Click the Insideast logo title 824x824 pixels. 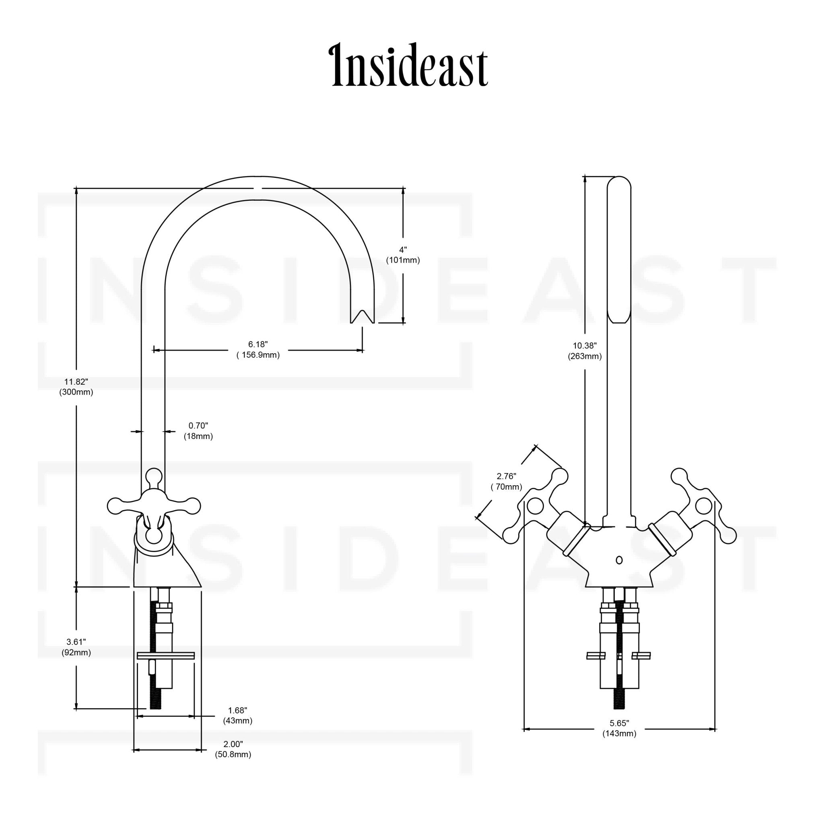coord(410,66)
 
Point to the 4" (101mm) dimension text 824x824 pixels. coord(403,255)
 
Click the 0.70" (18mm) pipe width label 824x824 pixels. coord(198,431)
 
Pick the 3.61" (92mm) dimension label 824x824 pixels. coord(76,647)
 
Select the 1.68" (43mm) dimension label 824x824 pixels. coord(237,715)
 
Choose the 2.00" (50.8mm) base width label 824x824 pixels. coord(233,749)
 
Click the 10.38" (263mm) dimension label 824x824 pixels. coord(584,351)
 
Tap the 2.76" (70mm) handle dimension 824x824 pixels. coord(506,481)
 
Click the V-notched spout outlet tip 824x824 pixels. coord(362,317)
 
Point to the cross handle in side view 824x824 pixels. coord(154,507)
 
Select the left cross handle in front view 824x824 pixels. coord(536,506)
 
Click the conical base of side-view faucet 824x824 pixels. coord(167,569)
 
